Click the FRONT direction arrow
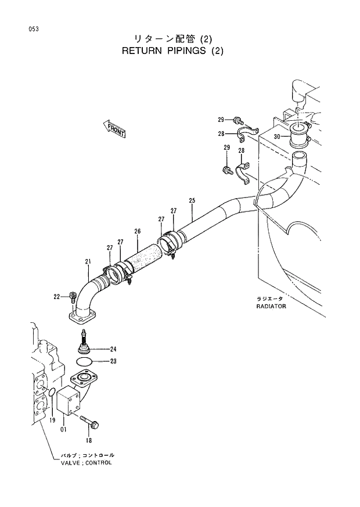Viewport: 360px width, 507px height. pos(115,129)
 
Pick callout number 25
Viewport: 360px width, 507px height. pos(192,200)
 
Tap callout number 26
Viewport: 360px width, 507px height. pos(138,231)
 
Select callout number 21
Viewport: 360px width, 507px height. pos(88,261)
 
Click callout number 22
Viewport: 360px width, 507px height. pos(57,297)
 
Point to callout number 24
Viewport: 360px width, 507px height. pos(113,349)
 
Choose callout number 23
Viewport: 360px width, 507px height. pos(113,361)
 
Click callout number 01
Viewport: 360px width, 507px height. pos(63,430)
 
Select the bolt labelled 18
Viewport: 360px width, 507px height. pos(90,419)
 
